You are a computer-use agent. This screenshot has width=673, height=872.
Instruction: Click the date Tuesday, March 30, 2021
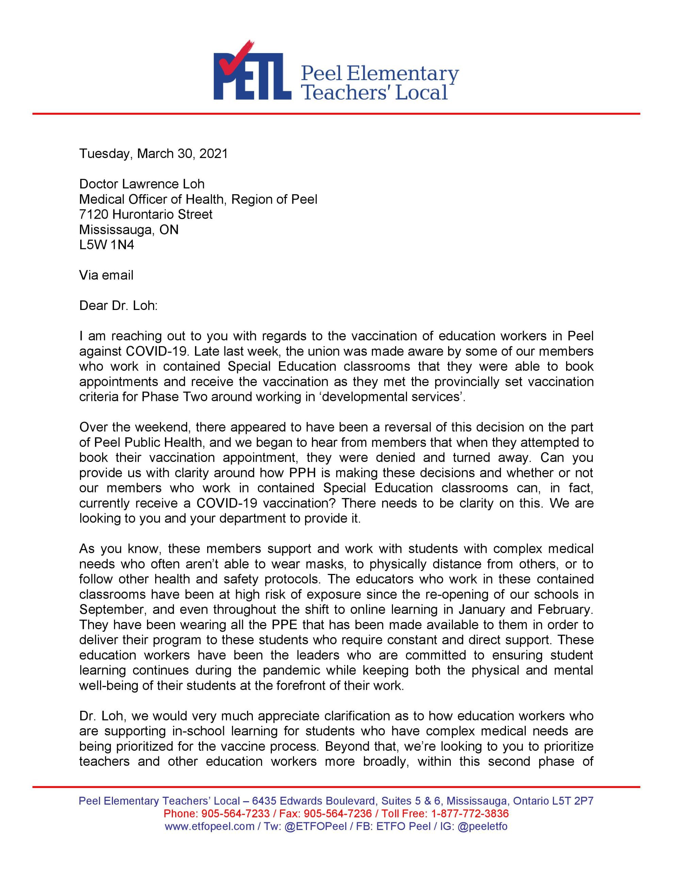click(153, 154)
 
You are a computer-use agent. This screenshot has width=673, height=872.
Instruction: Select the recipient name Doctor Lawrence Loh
click(142, 184)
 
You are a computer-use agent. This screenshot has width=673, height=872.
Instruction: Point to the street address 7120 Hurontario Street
click(146, 214)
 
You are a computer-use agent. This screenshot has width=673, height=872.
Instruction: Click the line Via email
click(106, 275)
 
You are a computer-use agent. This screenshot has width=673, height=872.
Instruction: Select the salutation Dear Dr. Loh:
click(118, 306)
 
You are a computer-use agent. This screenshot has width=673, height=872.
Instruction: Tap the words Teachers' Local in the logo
click(374, 92)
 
